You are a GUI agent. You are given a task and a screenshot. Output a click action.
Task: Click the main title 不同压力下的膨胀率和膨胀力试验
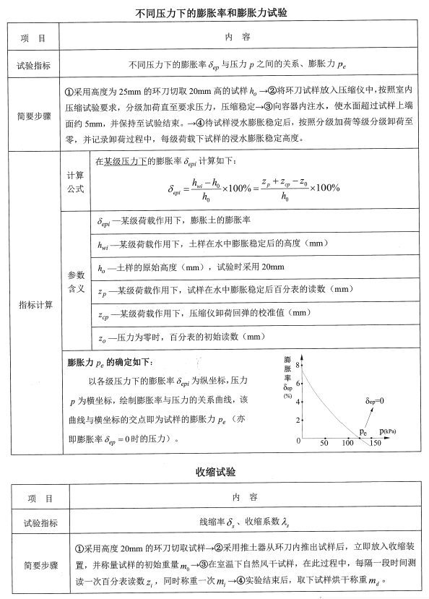214,14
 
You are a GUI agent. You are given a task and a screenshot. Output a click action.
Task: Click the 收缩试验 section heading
214,471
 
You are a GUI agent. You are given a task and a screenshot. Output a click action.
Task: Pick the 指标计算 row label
35,304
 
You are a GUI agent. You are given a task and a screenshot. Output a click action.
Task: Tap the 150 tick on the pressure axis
375,443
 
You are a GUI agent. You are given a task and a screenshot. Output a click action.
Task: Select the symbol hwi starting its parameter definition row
103,245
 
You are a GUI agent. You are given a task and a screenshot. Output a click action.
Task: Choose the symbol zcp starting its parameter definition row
104,314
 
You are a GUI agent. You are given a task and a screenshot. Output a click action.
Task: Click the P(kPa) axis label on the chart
383,431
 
